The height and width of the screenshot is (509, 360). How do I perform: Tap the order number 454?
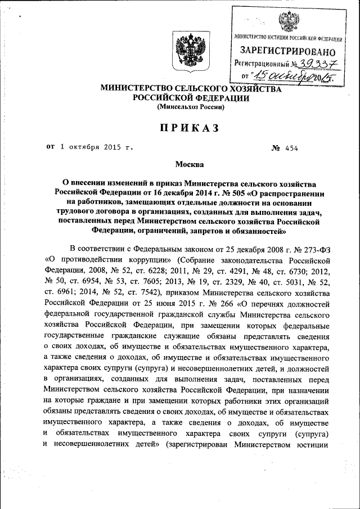coord(291,148)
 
